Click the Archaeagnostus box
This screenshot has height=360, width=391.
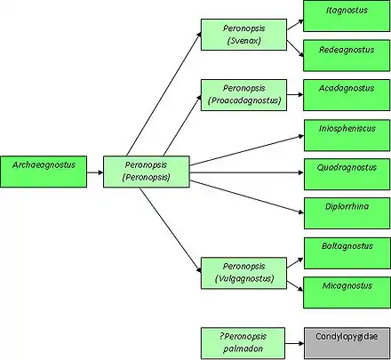click(44, 172)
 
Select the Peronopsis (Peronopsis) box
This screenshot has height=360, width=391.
click(147, 172)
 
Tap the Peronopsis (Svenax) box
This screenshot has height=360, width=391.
click(243, 35)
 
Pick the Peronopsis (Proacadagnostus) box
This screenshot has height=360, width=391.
click(243, 95)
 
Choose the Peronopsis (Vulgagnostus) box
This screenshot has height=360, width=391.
click(243, 273)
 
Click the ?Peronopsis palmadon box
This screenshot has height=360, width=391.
click(243, 343)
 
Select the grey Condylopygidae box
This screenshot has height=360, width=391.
click(347, 343)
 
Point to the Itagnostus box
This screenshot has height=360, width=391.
click(347, 16)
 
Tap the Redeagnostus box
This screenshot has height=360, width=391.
click(347, 55)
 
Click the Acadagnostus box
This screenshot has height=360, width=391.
click(347, 95)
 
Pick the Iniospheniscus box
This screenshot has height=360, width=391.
click(347, 135)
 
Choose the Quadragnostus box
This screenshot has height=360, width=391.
click(347, 174)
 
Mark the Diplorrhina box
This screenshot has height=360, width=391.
click(347, 213)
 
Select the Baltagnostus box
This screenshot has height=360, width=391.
click(347, 253)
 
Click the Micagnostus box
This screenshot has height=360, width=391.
click(347, 292)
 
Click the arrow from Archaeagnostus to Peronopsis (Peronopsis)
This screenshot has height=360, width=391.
click(95, 172)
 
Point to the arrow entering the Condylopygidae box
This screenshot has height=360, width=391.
click(294, 344)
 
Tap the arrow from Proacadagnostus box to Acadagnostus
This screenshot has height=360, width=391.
click(295, 94)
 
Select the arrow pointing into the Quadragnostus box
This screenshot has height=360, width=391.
click(246, 172)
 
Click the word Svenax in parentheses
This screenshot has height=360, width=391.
click(244, 41)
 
